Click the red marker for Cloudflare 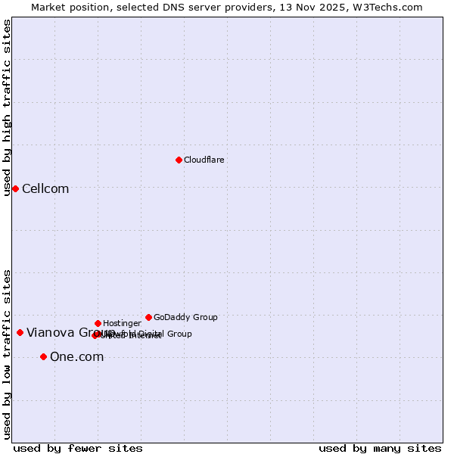[179, 160]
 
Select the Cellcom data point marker [15, 188]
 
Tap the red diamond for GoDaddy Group [148, 317]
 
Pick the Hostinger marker [98, 323]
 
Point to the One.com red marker [43, 356]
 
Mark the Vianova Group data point [20, 332]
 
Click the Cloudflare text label [204, 160]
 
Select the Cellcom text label [45, 188]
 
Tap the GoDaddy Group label [185, 317]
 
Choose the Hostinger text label [122, 323]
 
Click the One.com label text [76, 356]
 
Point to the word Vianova [50, 332]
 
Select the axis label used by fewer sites [78, 448]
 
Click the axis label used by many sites [380, 448]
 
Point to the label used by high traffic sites [7, 107]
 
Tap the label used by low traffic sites [7, 354]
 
